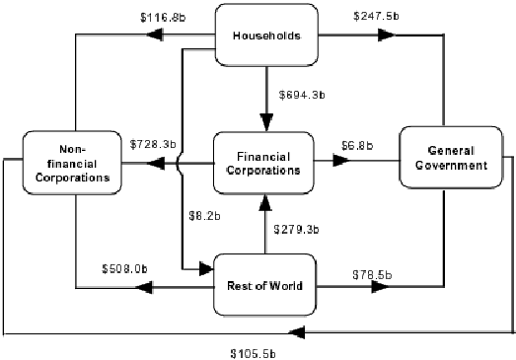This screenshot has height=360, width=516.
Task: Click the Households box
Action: pyautogui.click(x=265, y=37)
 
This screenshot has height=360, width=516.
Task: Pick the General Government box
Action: pyautogui.click(x=444, y=158)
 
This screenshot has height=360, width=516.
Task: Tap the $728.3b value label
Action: pyautogui.click(x=153, y=143)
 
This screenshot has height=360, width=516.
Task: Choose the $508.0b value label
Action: pyautogui.click(x=124, y=267)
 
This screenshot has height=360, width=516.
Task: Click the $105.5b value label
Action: pyautogui.click(x=253, y=352)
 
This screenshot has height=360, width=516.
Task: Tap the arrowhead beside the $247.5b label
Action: pyautogui.click(x=387, y=36)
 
